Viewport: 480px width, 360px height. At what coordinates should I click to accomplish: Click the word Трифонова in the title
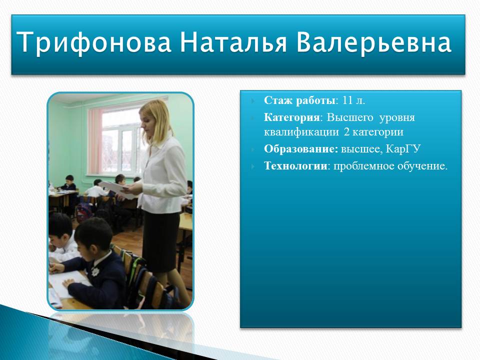93,42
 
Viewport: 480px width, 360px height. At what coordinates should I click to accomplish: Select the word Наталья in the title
233,41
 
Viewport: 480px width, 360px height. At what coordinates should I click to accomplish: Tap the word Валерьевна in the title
374,42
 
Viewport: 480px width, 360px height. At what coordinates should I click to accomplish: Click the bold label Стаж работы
299,100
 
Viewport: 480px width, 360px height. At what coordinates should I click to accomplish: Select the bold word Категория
291,117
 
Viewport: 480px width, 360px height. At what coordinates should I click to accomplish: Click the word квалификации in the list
301,132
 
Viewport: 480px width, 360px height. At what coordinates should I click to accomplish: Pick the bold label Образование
301,149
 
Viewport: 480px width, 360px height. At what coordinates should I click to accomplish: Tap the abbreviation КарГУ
403,149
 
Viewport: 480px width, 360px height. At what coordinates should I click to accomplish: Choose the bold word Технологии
295,166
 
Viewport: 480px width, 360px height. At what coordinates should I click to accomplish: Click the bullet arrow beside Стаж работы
252,101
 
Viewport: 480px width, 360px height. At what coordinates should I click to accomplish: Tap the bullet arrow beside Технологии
252,166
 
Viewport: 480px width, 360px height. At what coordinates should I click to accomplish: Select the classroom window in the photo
120,141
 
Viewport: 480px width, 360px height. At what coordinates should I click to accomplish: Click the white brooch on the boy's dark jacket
95,271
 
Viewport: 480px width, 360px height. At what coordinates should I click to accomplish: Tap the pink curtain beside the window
94,141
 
